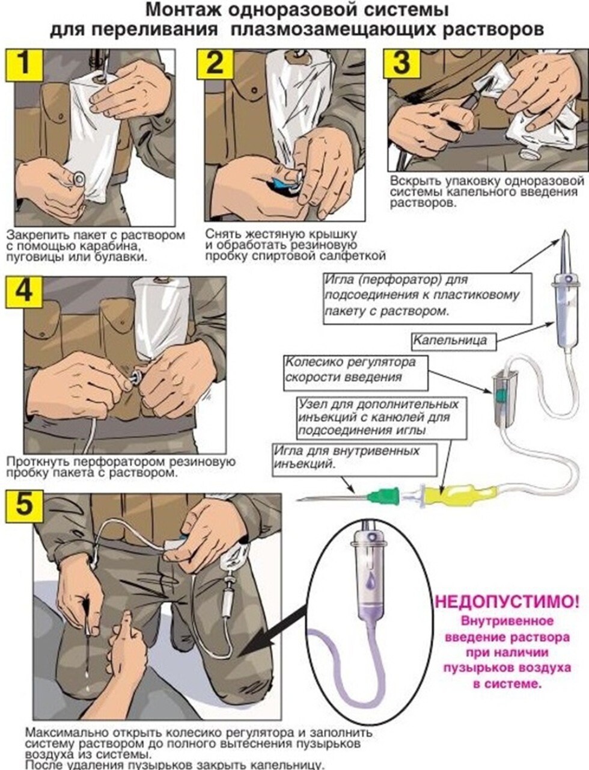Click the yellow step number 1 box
click(24, 65)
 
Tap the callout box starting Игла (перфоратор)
click(428, 296)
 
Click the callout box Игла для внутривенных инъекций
click(355, 459)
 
